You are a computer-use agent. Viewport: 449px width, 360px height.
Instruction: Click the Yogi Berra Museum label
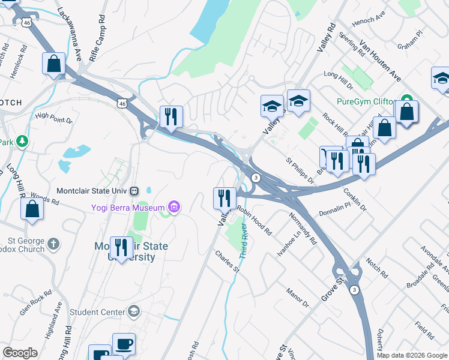(x=127, y=208)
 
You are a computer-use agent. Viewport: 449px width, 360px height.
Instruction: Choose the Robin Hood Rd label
(x=254, y=220)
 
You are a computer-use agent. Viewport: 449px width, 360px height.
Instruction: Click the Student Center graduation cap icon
(x=133, y=311)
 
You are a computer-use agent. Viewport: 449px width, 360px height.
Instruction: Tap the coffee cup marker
(x=124, y=344)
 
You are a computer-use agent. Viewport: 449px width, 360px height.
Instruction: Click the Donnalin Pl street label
(x=334, y=209)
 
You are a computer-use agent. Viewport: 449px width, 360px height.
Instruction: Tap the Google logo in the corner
(x=20, y=353)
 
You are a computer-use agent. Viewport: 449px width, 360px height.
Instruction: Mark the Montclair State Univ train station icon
(x=134, y=191)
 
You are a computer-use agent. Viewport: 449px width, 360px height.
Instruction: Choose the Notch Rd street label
(x=376, y=269)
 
